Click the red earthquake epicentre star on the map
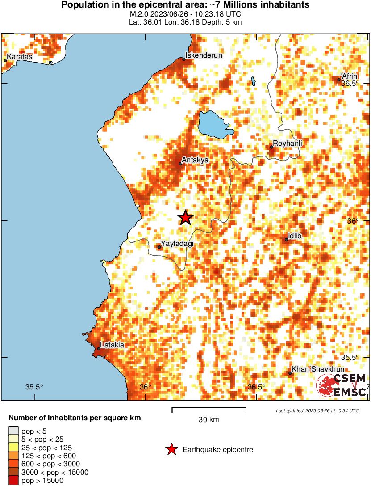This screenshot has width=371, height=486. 186,218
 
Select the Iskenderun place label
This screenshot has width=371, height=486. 204,55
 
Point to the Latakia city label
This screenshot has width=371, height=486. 113,345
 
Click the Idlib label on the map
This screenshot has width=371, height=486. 295,236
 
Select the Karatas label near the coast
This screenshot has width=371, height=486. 20,57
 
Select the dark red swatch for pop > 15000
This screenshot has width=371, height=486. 13,481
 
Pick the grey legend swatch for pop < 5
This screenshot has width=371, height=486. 13,431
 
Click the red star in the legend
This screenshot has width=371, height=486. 171,449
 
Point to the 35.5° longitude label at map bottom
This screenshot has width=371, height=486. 34,387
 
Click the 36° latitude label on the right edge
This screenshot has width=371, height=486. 353,221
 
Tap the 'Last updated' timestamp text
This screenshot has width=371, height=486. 317,410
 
